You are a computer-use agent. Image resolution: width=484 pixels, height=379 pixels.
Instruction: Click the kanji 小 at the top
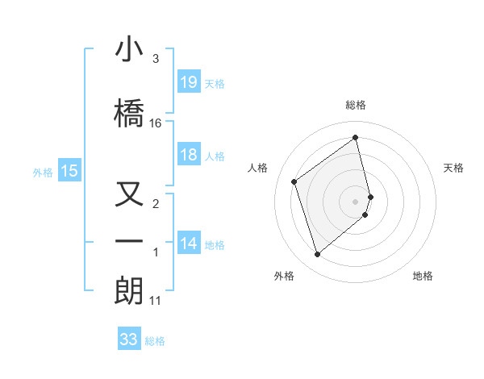coord(129,50)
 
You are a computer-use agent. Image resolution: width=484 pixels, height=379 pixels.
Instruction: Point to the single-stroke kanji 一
coord(129,241)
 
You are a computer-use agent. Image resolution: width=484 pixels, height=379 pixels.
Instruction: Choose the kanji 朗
coord(129,291)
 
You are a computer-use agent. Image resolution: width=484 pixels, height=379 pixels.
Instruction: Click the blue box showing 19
coord(189,81)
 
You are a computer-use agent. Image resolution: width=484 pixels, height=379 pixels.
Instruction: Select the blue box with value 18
coord(189,155)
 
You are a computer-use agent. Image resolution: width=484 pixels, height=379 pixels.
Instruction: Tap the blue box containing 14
coord(189,244)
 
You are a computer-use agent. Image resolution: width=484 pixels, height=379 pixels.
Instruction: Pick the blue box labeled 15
coord(69,170)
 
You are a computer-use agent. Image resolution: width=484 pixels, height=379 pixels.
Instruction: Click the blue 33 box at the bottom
coord(129,339)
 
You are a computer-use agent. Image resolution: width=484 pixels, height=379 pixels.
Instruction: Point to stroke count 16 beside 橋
coord(156,123)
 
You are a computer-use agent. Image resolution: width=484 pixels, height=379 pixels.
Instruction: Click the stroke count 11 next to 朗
coord(156,301)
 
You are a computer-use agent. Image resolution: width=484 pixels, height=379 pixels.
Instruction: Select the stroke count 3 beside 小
coord(156,59)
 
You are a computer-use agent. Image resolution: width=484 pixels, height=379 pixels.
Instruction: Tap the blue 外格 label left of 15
coord(43,171)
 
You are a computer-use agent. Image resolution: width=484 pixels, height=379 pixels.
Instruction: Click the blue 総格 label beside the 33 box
coord(155,340)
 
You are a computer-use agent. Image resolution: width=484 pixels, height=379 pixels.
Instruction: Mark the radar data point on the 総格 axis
coord(356,137)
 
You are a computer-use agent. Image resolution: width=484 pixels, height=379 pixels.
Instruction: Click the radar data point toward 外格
coord(317,255)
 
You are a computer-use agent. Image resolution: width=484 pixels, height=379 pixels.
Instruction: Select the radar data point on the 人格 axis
coord(294,181)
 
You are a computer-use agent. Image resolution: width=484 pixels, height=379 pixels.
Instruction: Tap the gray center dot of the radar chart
coord(356,200)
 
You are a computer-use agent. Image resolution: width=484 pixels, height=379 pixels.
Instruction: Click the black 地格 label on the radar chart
coord(423,277)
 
